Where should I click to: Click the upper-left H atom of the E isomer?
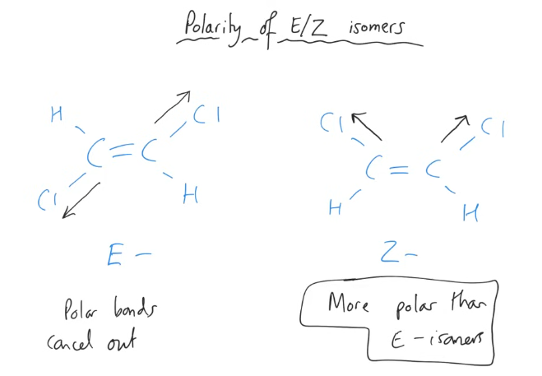pyautogui.click(x=56, y=114)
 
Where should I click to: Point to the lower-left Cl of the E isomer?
pyautogui.click(x=48, y=198)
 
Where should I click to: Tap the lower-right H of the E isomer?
pyautogui.click(x=190, y=194)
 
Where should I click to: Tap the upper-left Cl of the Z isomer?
pyautogui.click(x=331, y=124)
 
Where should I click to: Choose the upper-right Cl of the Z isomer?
pyautogui.click(x=492, y=128)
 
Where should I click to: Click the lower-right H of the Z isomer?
pyautogui.click(x=470, y=214)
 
